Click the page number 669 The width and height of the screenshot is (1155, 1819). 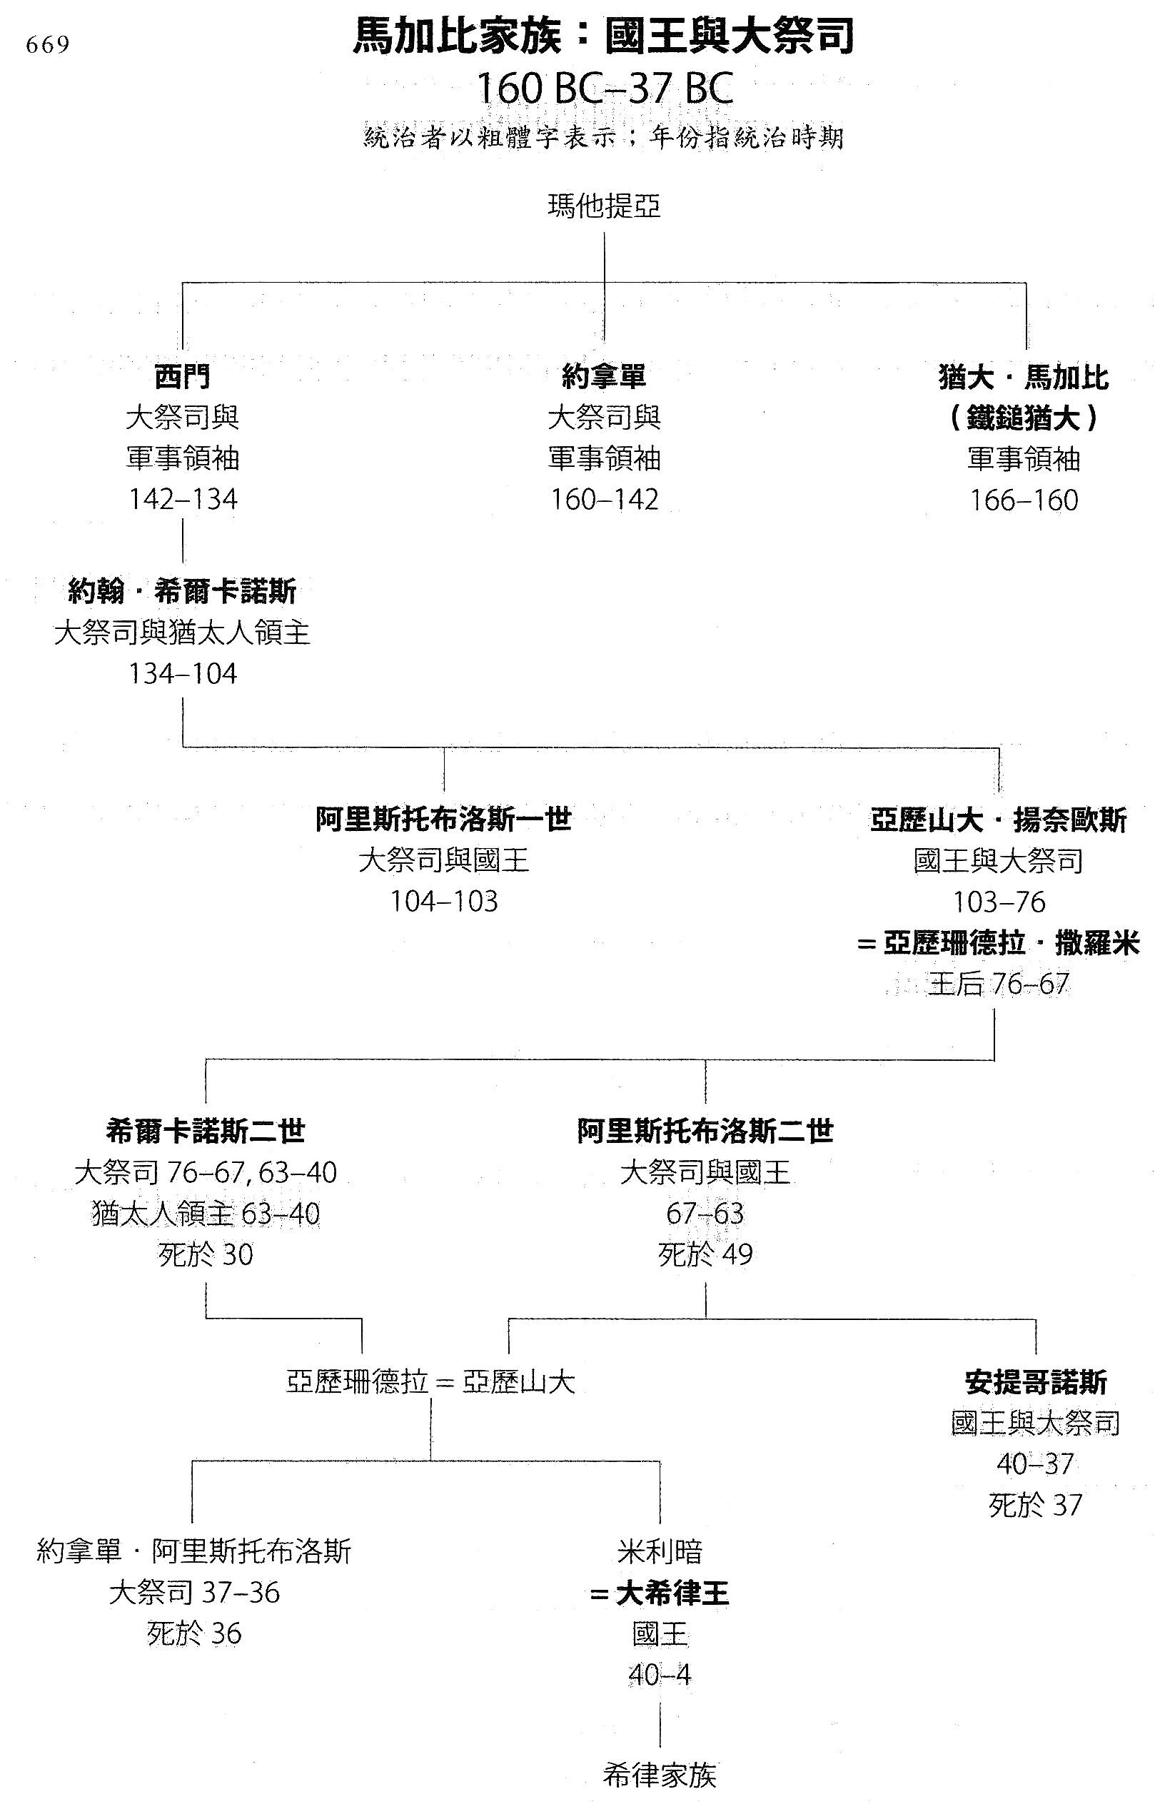[x=48, y=45]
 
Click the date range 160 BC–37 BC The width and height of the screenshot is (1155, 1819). [x=605, y=90]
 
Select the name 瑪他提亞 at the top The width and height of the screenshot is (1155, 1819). [x=605, y=206]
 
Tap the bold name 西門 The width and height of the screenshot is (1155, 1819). [x=183, y=376]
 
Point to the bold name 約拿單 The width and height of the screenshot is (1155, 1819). [x=605, y=376]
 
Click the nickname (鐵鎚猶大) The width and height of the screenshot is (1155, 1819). [x=1024, y=418]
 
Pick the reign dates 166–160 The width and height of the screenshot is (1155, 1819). [x=1024, y=500]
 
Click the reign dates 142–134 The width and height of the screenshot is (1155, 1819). [x=183, y=499]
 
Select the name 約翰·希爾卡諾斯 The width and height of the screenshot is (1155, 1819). [x=183, y=592]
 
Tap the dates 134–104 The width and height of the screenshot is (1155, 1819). [x=183, y=674]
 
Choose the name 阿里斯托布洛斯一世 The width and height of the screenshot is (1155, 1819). [x=444, y=820]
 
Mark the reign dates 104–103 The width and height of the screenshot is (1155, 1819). [x=444, y=901]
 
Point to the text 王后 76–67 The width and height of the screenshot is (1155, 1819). [x=999, y=984]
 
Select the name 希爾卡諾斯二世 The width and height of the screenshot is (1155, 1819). [x=206, y=1131]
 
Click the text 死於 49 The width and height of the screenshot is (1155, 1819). [x=705, y=1255]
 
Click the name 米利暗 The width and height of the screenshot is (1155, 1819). [x=660, y=1551]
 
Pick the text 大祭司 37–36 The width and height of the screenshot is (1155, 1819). [x=194, y=1593]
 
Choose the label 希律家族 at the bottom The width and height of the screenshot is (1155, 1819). [x=660, y=1774]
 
